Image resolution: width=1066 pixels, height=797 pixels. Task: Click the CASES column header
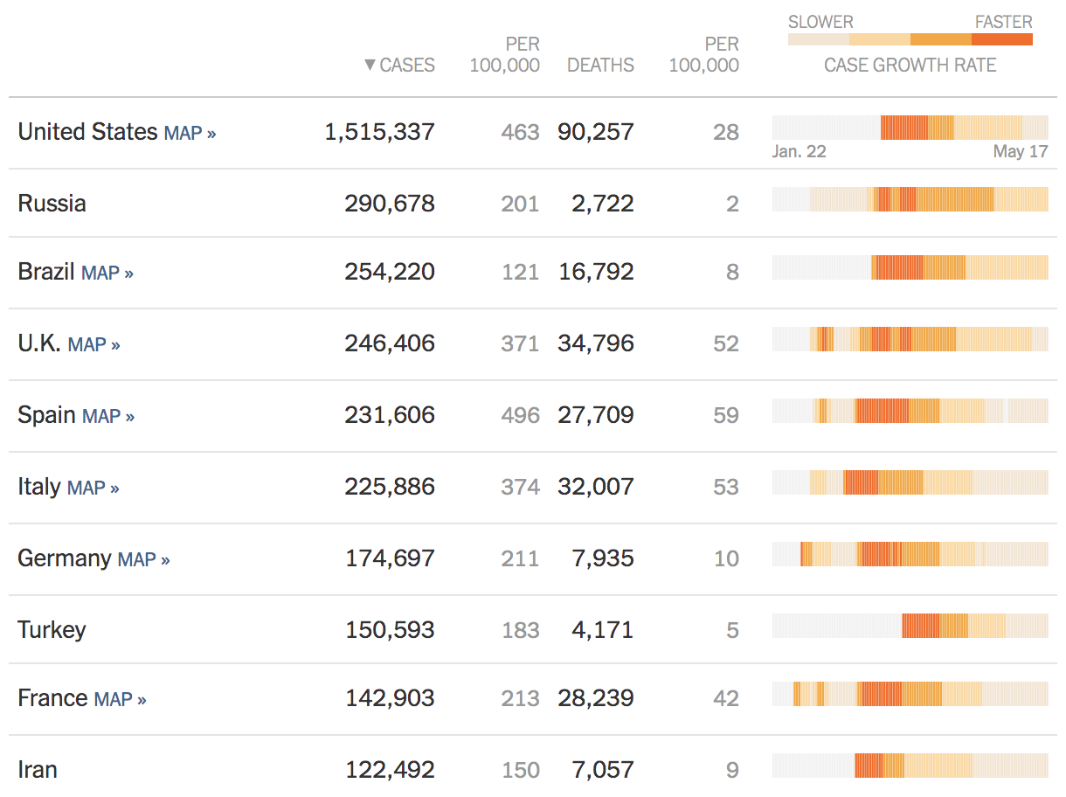[x=407, y=66]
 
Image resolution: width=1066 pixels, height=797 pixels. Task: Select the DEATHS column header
[x=600, y=66]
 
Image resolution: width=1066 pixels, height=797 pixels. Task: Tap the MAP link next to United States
[x=190, y=134]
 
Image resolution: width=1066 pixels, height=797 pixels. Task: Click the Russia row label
[x=52, y=204]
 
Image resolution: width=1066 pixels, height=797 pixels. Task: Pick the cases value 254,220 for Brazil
[x=390, y=272]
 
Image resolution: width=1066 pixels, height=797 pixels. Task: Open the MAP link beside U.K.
[x=93, y=344]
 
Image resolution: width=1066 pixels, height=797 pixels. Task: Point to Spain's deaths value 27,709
[x=596, y=415]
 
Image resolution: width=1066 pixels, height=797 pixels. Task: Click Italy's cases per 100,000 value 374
[x=520, y=487]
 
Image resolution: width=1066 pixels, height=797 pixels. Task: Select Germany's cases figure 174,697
[x=390, y=558]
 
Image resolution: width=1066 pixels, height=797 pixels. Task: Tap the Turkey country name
[x=52, y=630]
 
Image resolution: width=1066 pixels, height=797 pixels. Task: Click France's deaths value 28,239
[x=596, y=698]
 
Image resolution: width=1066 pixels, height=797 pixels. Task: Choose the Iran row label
[x=38, y=770]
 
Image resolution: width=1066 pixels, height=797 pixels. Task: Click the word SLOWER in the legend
[x=820, y=23]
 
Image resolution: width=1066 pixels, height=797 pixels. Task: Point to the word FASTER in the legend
[x=1003, y=23]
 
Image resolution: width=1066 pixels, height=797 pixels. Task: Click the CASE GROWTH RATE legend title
[x=910, y=66]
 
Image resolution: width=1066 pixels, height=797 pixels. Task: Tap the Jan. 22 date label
[x=799, y=152]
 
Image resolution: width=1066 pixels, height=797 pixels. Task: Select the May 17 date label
[x=1020, y=152]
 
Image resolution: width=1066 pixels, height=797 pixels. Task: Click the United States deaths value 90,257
[x=596, y=132]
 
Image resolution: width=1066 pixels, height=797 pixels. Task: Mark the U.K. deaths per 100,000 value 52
[x=726, y=344]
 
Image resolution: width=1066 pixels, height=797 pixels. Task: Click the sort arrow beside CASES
[x=370, y=66]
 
